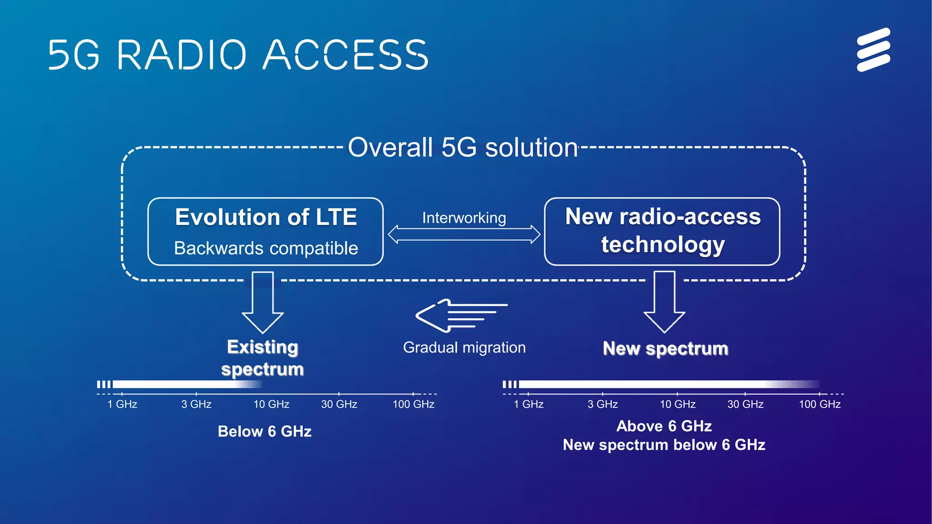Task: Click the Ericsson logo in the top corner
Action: click(873, 50)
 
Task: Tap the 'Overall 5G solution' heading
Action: click(463, 148)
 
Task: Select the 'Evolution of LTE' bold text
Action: click(266, 217)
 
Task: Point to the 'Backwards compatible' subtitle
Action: click(266, 248)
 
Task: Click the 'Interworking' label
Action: click(464, 218)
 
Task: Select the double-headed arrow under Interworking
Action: click(464, 234)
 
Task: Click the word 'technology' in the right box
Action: click(663, 245)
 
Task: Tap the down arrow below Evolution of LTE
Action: click(263, 302)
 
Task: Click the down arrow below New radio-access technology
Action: click(664, 302)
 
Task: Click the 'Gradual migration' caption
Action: click(464, 348)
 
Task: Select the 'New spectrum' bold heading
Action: click(665, 348)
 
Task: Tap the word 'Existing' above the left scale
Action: click(263, 347)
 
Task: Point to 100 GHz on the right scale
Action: click(820, 404)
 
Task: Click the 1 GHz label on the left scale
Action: click(122, 404)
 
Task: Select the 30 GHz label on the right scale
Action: click(745, 404)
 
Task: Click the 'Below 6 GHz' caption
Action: click(264, 431)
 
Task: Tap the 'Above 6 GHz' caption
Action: click(664, 426)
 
